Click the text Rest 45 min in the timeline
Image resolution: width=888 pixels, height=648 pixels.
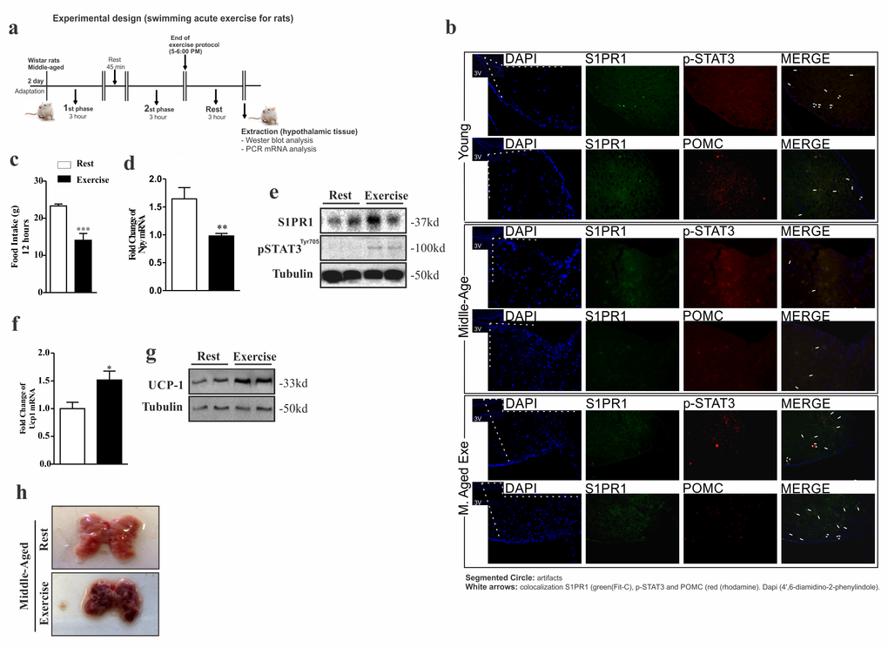(115, 64)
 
